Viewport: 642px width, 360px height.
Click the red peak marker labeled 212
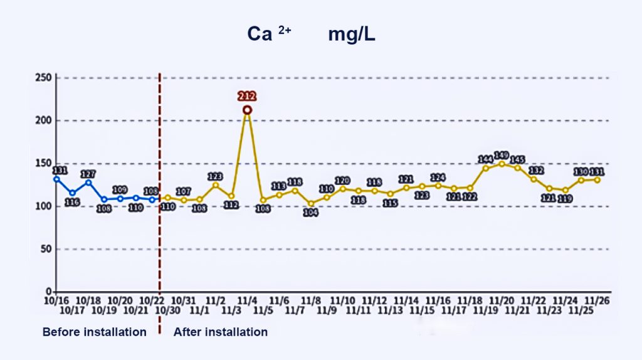(x=247, y=110)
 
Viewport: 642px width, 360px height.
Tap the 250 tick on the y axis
(x=43, y=78)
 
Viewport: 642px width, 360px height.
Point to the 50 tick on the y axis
(x=46, y=249)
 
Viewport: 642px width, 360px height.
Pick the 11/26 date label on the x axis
(x=597, y=301)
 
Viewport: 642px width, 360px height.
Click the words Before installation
(x=94, y=332)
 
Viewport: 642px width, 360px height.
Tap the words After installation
(x=220, y=332)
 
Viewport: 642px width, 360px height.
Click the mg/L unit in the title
(x=351, y=35)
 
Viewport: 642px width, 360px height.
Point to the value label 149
(x=501, y=155)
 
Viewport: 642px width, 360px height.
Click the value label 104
(x=311, y=213)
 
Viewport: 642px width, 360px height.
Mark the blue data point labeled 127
(x=88, y=183)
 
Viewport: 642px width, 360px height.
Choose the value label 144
(x=486, y=159)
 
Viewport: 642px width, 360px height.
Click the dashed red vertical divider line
(x=160, y=188)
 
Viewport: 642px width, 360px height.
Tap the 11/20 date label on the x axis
(x=502, y=301)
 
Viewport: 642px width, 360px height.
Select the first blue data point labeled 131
(x=56, y=179)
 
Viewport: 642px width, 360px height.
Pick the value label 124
(x=438, y=177)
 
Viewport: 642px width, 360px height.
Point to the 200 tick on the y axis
(x=43, y=120)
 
